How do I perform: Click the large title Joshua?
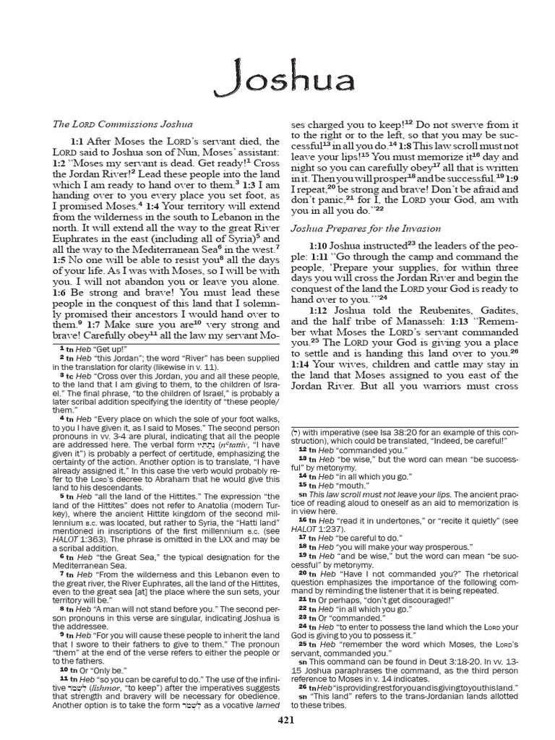(277, 82)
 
